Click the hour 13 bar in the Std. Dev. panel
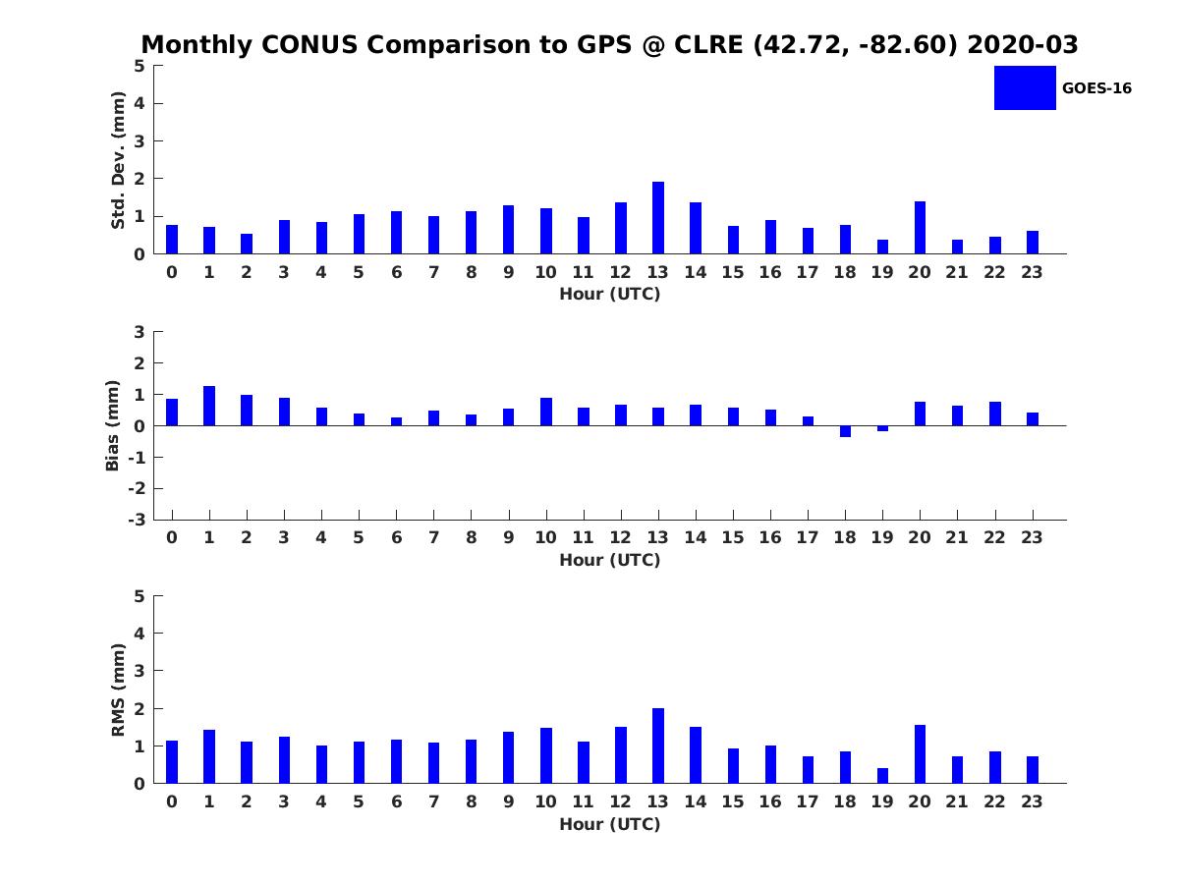point(658,218)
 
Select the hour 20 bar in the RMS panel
point(920,754)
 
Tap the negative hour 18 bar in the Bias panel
point(845,431)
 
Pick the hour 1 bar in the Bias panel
point(209,406)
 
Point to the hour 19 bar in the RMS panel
point(882,776)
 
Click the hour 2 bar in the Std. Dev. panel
point(247,244)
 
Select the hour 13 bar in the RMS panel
point(658,746)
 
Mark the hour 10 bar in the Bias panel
point(546,412)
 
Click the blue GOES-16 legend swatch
point(1025,87)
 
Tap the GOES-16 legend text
point(1096,88)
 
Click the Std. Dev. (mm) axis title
point(119,160)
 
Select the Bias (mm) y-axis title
point(113,425)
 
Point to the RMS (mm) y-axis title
point(119,691)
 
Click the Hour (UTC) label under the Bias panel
point(609,560)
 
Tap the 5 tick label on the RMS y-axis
point(140,596)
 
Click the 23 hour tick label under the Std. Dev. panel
point(1033,272)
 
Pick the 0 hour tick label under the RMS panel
point(172,801)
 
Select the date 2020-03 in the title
point(1022,45)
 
